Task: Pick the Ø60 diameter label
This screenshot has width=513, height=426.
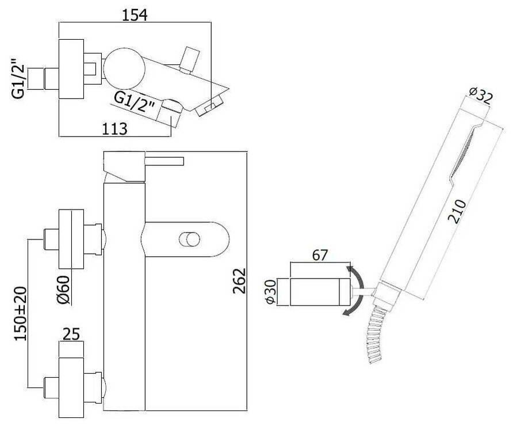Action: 64,291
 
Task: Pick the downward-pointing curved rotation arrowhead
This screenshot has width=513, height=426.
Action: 345,313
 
